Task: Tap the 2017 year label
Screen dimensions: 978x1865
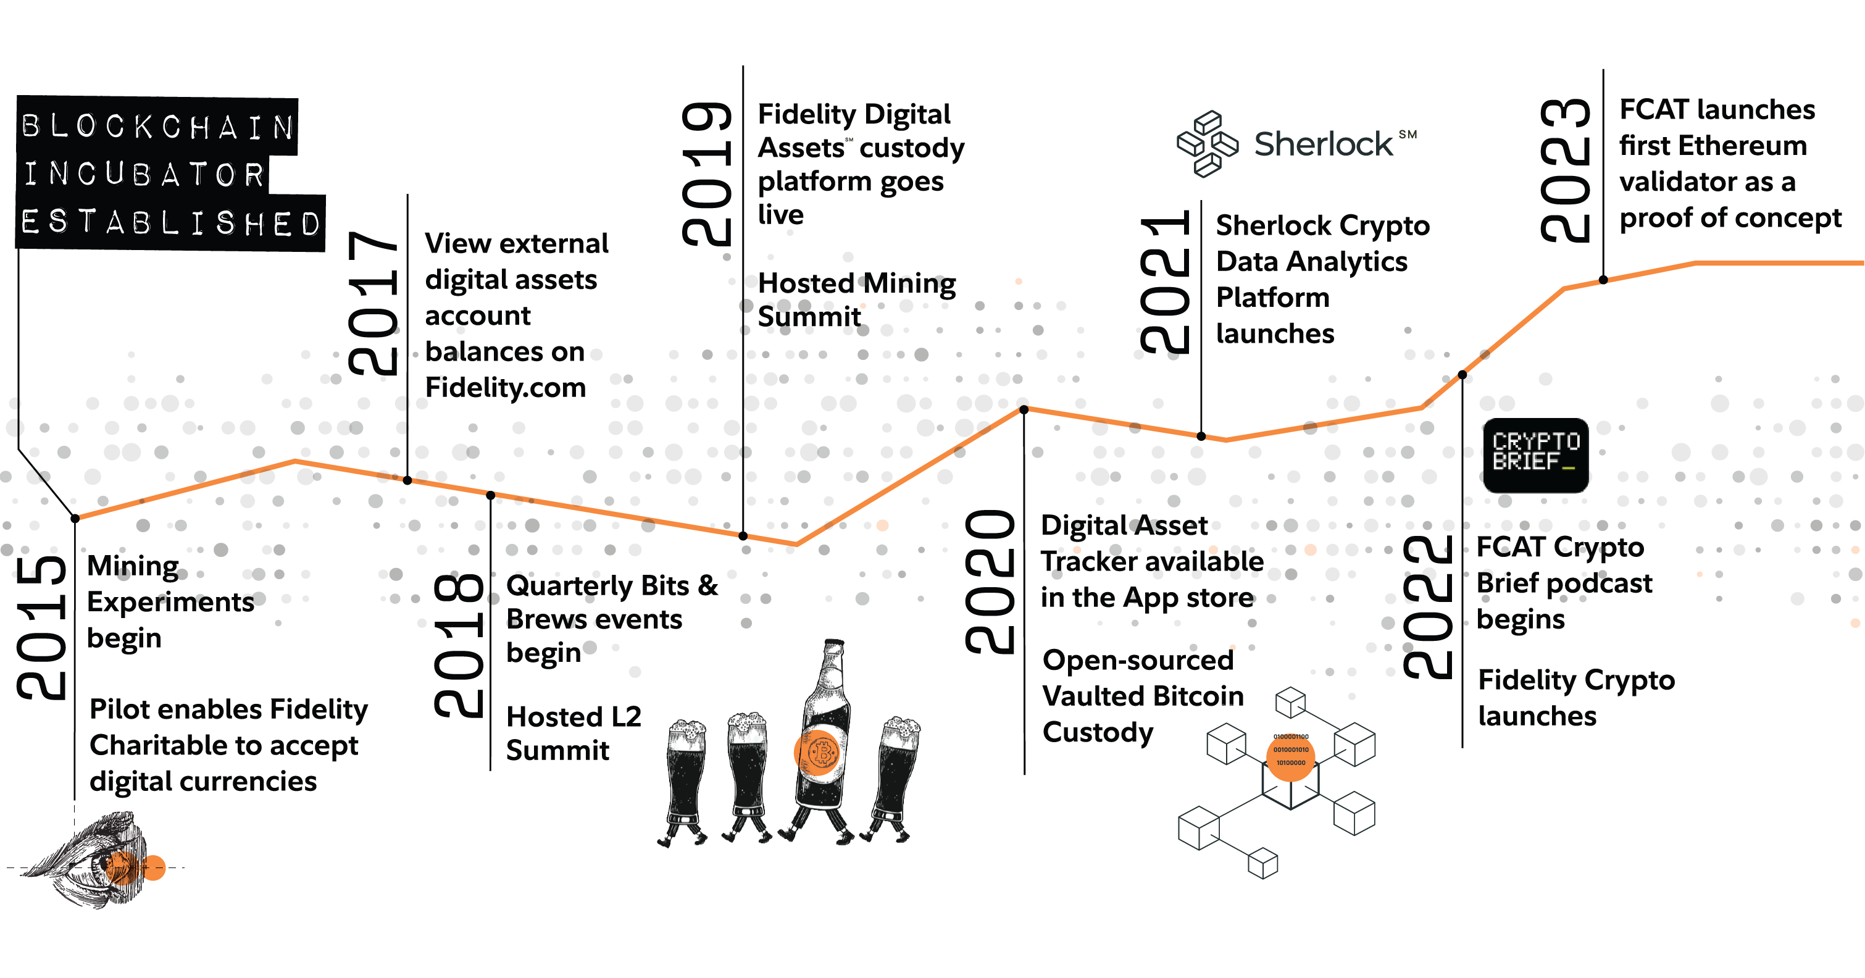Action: coord(373,303)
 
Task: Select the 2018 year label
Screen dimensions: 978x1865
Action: coord(458,646)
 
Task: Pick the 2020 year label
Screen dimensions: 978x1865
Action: coord(990,581)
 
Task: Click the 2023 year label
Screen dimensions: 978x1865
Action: coord(1565,170)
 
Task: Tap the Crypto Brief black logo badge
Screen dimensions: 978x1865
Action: coord(1535,454)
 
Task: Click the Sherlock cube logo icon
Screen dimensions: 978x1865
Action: coord(1207,143)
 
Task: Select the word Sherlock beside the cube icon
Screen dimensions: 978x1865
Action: coord(1323,144)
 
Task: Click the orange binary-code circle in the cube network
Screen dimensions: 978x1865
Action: coord(1291,756)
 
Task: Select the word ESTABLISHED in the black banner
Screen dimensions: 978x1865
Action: coord(171,223)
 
